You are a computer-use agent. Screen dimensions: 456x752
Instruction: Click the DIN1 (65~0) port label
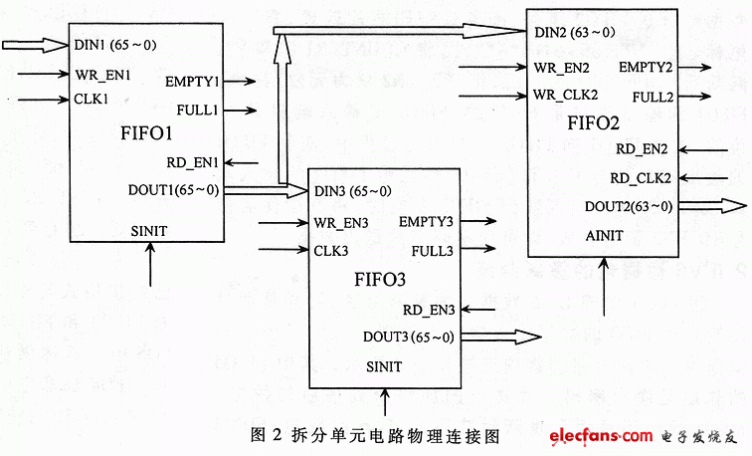(x=114, y=45)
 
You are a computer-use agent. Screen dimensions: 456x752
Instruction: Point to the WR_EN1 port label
(x=102, y=74)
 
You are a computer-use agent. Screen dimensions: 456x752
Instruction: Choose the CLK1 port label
(x=91, y=100)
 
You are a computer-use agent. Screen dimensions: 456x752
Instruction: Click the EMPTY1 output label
(x=193, y=82)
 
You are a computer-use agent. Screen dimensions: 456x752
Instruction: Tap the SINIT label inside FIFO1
(x=149, y=230)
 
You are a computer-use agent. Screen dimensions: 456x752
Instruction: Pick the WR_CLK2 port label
(x=565, y=95)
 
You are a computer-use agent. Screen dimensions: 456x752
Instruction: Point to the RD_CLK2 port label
(x=642, y=178)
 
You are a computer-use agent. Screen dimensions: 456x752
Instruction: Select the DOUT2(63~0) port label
(x=628, y=207)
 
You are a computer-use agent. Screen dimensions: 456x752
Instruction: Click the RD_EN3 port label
(x=429, y=310)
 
